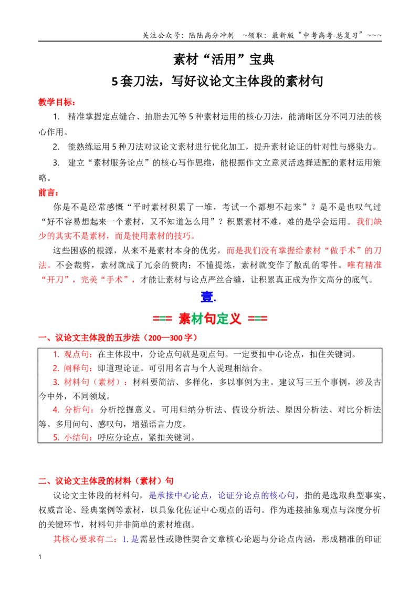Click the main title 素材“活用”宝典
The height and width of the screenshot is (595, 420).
pos(224,59)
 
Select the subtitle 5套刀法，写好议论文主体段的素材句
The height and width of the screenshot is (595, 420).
pos(217,81)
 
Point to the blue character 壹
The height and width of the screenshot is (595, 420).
pos(207,296)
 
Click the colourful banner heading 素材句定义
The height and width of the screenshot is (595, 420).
pos(210,319)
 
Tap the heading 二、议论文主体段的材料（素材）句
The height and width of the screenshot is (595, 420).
pos(106,481)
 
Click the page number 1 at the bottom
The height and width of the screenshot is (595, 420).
pos(40,557)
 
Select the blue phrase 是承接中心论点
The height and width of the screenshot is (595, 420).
pos(178,495)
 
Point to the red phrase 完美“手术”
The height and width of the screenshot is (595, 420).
pos(106,280)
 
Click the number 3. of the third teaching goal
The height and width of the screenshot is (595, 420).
pos(56,163)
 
